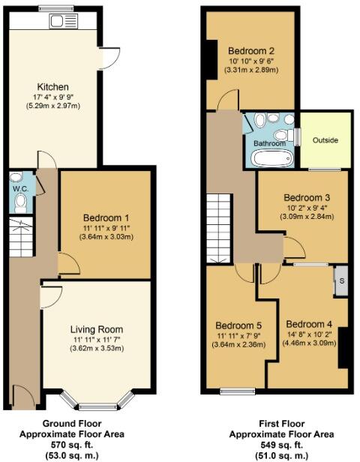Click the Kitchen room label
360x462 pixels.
click(53, 87)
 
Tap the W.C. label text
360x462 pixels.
click(19, 188)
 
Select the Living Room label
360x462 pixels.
click(96, 328)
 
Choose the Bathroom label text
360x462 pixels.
click(268, 142)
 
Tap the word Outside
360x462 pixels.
click(325, 140)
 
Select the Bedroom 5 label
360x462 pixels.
click(238, 325)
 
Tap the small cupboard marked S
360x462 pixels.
click(342, 280)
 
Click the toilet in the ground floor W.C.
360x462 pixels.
click(19, 202)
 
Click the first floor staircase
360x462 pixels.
click(220, 227)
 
